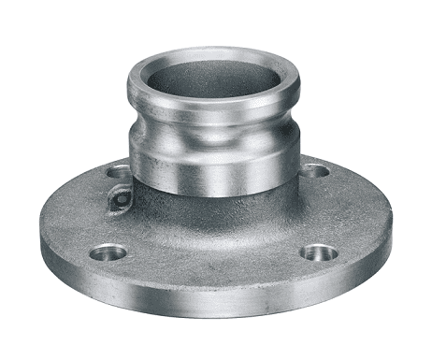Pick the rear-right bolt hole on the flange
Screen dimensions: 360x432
click(x=315, y=171)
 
